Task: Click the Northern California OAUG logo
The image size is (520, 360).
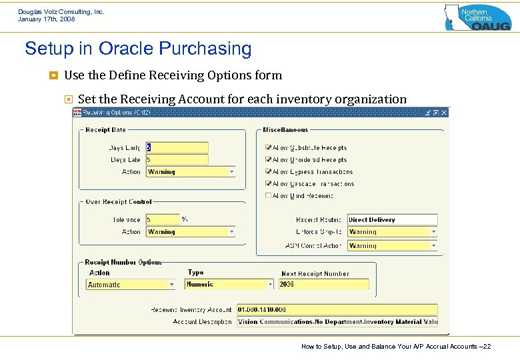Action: [477, 17]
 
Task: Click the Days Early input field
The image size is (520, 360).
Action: [177, 148]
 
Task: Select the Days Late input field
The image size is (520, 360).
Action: [177, 160]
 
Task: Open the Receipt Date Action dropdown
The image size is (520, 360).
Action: [191, 172]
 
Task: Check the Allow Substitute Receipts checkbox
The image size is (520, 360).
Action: [268, 148]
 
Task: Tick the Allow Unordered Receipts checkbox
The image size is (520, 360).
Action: [268, 160]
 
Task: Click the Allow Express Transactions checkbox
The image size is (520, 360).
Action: [268, 172]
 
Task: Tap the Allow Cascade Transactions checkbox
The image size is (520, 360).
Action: [268, 184]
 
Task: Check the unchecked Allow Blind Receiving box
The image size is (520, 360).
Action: [268, 196]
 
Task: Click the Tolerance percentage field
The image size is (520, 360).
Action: [162, 219]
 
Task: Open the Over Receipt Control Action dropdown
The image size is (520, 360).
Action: [191, 232]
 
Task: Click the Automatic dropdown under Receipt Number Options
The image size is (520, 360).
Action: [131, 285]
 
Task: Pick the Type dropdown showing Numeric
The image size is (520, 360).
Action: [229, 285]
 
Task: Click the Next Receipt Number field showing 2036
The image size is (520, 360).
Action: [323, 285]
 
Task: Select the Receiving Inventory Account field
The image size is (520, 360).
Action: [337, 310]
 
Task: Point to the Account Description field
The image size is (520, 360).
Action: [337, 322]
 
